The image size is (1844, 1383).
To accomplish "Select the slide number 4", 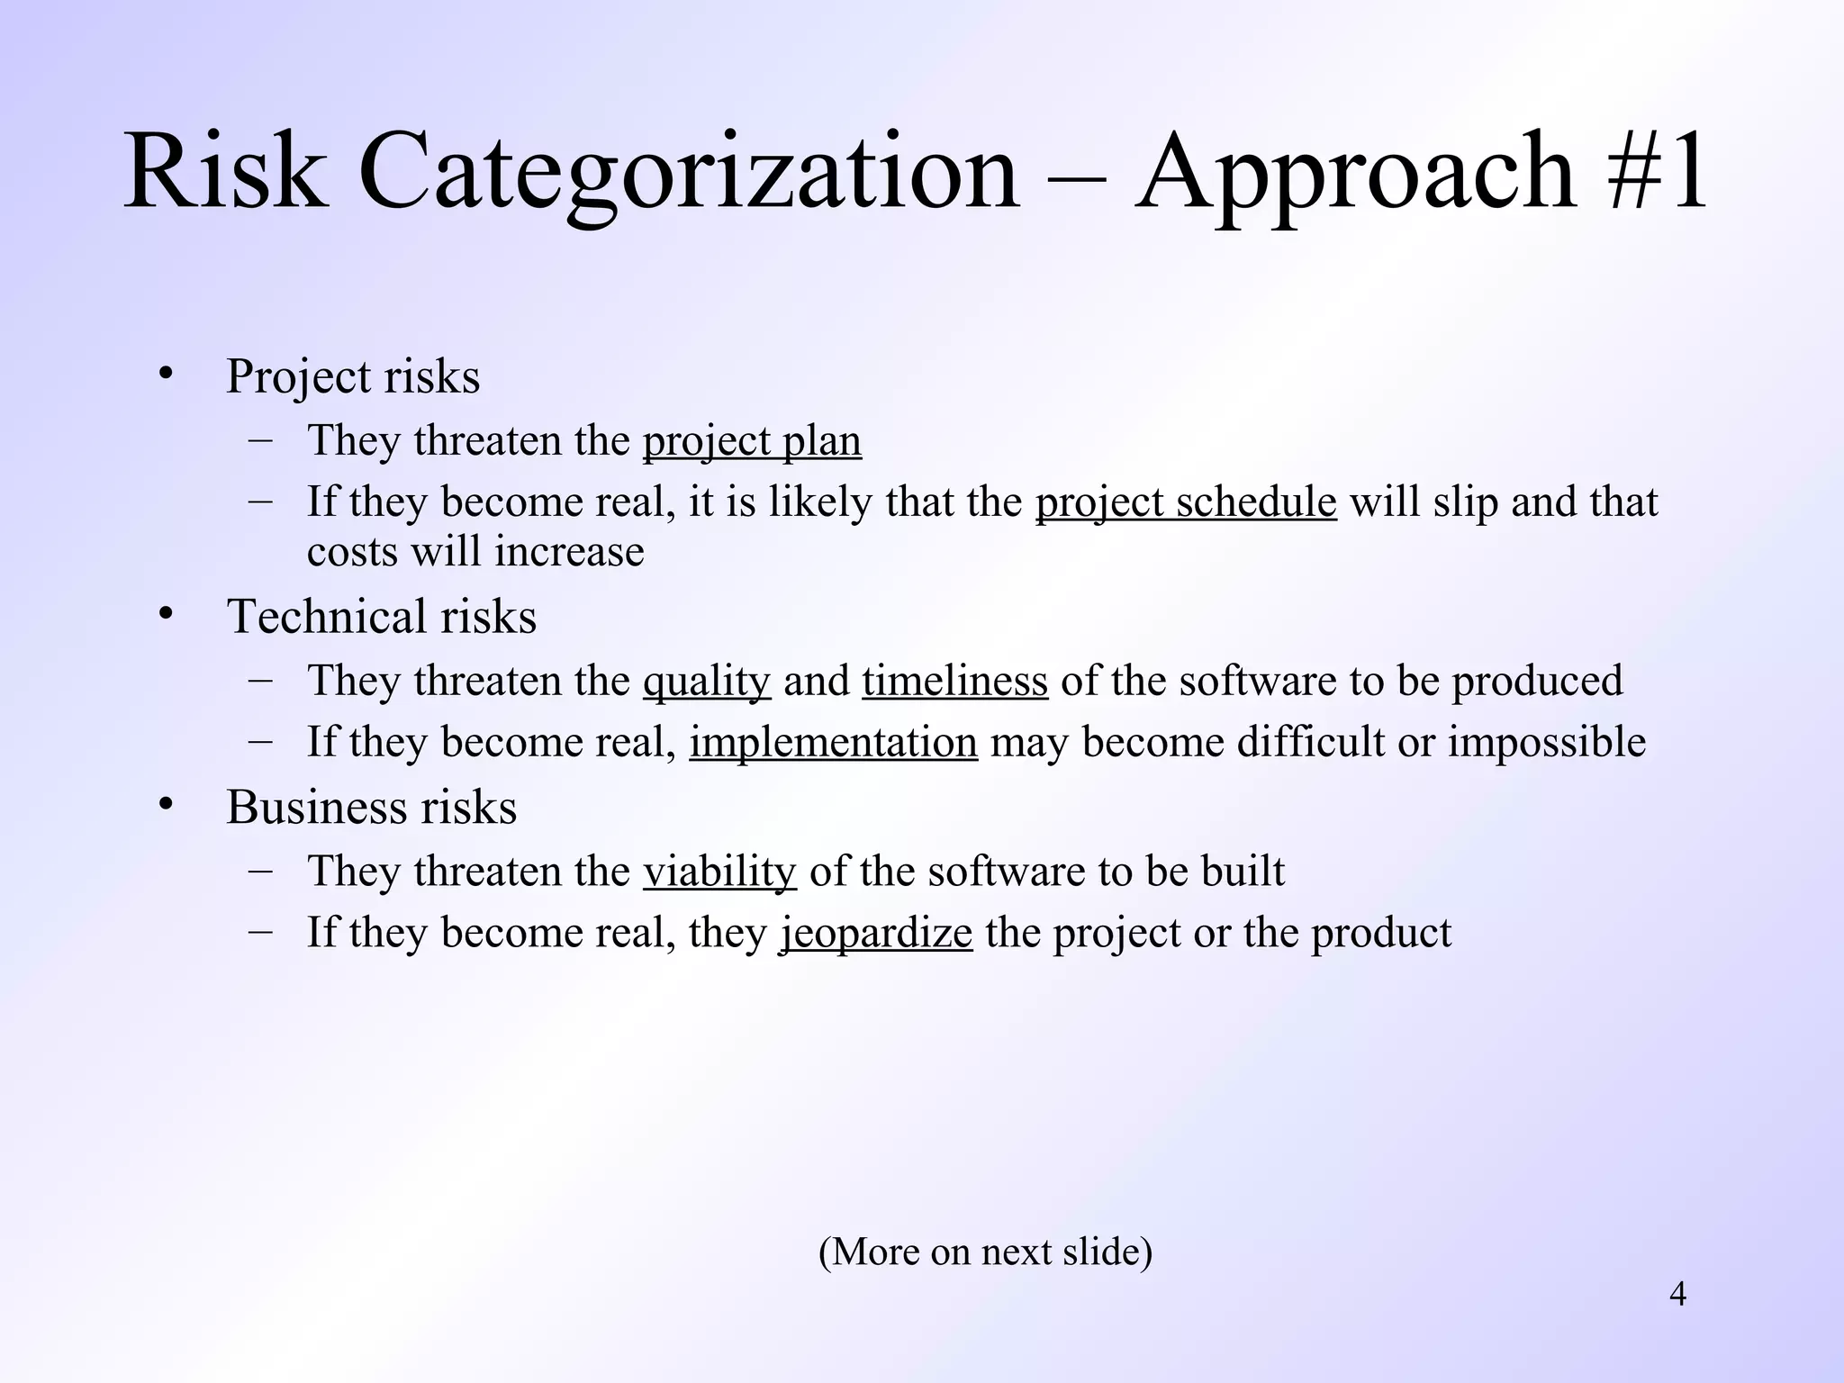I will [1677, 1295].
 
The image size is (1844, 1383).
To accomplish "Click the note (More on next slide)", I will [985, 1252].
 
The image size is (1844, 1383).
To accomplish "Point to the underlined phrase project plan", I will [752, 441].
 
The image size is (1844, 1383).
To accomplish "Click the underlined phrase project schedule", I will [1186, 502].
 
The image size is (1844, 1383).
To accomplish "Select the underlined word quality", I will [707, 681].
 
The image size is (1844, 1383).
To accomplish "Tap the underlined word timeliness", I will [954, 681].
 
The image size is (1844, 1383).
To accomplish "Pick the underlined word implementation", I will [834, 743].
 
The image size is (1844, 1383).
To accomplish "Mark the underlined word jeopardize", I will [875, 933].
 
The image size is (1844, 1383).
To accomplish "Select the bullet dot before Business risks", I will [165, 804].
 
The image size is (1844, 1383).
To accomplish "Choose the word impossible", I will [1546, 743].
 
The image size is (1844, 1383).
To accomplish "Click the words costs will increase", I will [475, 552].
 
